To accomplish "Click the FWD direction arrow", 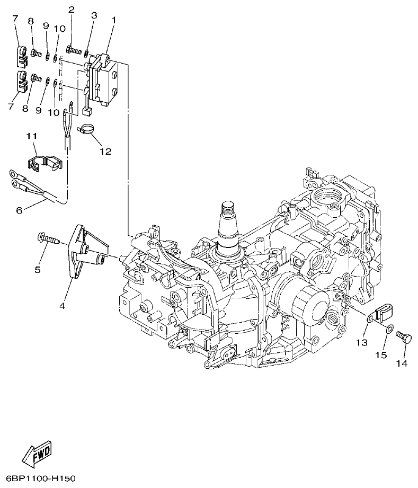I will [37, 454].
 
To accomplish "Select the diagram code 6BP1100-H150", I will [38, 478].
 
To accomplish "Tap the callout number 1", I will [113, 20].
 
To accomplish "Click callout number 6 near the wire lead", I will [19, 210].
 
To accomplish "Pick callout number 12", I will [105, 152].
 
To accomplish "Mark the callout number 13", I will [361, 343].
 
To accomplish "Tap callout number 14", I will [402, 363].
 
